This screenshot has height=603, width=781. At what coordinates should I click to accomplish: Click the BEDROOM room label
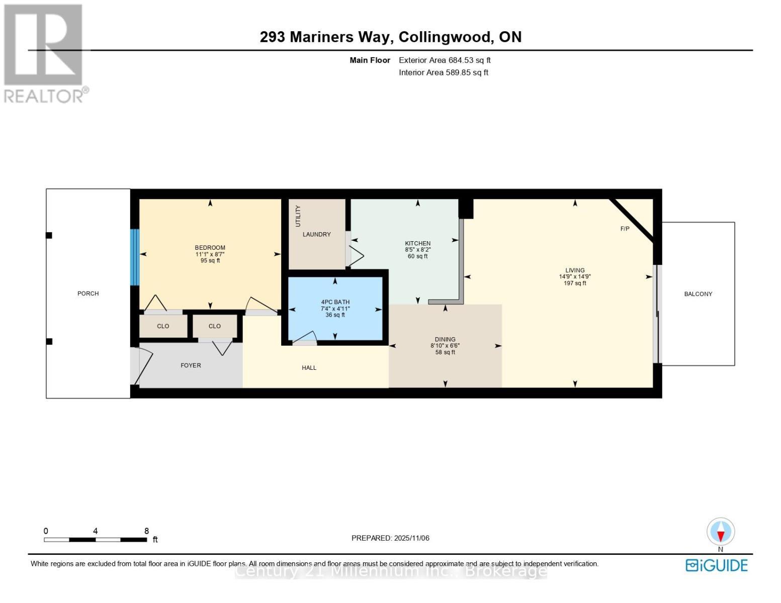click(x=210, y=247)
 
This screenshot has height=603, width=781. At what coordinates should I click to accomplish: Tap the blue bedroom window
click(x=135, y=257)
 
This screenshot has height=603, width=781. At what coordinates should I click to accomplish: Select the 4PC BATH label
click(x=335, y=302)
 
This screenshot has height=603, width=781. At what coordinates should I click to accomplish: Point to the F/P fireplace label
click(x=625, y=229)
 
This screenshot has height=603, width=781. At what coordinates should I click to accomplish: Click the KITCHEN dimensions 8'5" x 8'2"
click(x=417, y=250)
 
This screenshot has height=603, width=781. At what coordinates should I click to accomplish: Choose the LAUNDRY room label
click(x=316, y=234)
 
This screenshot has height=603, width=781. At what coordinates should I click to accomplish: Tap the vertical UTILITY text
click(x=298, y=216)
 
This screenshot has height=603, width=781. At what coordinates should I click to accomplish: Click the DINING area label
click(x=445, y=339)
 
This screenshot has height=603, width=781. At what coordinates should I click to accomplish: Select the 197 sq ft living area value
click(x=575, y=283)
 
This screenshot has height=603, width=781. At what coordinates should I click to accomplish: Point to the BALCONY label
click(x=698, y=294)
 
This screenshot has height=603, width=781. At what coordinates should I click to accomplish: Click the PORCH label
click(x=88, y=293)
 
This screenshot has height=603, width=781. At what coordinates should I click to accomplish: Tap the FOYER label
click(x=191, y=365)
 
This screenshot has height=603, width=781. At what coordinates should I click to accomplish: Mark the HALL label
click(x=309, y=368)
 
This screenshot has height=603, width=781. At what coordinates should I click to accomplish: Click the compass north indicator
click(x=721, y=533)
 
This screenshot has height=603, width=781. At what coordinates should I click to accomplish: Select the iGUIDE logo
click(x=717, y=565)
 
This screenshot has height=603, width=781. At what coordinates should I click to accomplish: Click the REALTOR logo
click(x=44, y=53)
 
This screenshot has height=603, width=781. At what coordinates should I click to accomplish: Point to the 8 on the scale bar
click(x=146, y=531)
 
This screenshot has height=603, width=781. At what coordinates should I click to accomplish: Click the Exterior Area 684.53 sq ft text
click(x=445, y=60)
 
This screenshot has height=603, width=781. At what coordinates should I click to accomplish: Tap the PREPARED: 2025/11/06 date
click(x=390, y=538)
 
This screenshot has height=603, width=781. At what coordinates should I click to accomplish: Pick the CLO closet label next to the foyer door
click(x=214, y=326)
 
